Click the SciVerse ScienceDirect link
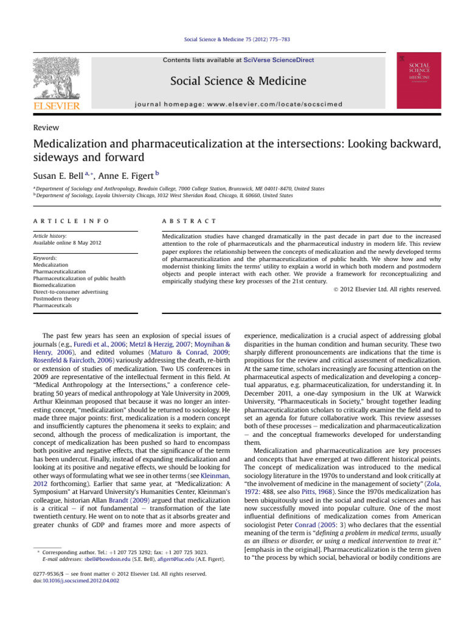[x=279, y=60]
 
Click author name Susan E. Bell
[x=58, y=175]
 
